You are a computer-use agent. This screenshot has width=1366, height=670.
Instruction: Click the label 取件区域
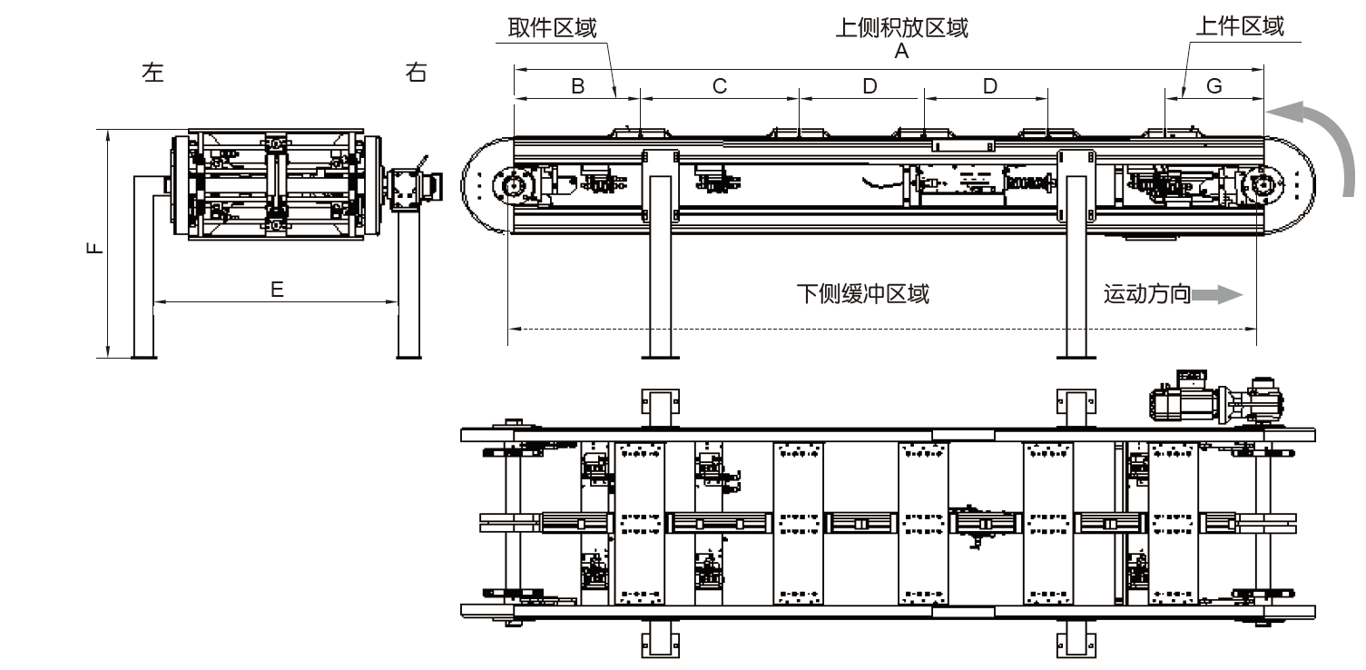click(x=552, y=28)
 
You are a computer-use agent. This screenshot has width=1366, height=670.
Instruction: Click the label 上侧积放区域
click(x=901, y=28)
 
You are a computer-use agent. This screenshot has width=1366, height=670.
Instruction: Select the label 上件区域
click(x=1240, y=26)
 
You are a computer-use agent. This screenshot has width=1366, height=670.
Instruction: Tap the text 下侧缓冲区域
click(x=862, y=294)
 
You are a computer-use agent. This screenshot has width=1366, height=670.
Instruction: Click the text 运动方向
click(x=1146, y=294)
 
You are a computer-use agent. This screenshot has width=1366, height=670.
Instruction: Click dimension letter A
click(x=901, y=53)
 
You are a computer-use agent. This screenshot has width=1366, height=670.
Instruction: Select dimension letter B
click(x=577, y=86)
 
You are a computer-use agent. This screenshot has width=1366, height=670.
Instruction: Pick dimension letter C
click(x=720, y=86)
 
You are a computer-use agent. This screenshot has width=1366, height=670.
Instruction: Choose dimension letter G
click(x=1214, y=86)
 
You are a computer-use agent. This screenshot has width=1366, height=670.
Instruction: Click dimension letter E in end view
click(x=278, y=290)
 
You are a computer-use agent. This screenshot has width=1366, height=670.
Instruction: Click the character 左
click(x=153, y=74)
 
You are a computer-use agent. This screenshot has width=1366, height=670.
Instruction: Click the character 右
click(x=416, y=74)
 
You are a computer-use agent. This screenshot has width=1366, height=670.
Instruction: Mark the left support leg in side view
click(x=660, y=263)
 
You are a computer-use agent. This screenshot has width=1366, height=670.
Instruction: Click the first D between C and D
click(x=870, y=86)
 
